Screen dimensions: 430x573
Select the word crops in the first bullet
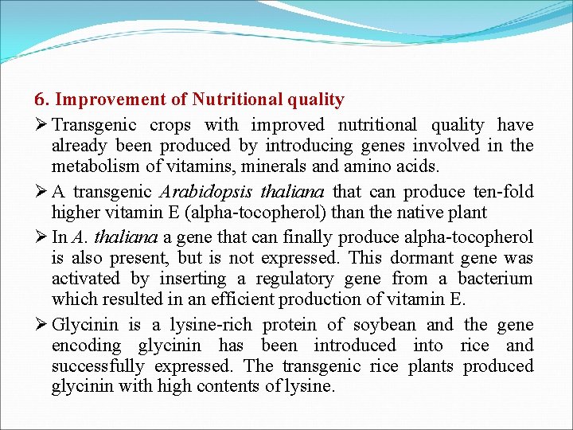point(170,125)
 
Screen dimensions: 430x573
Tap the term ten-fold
point(502,192)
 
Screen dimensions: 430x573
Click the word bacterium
point(497,279)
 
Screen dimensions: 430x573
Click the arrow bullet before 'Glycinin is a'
point(41,325)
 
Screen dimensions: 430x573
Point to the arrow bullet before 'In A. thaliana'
point(41,238)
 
